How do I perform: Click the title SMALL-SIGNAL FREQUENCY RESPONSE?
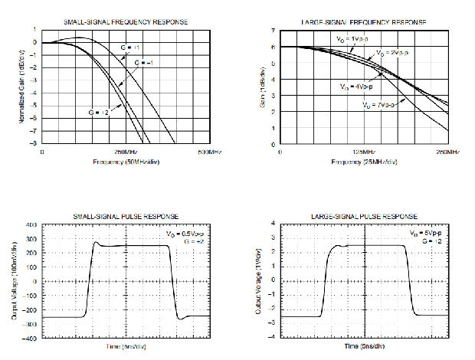point(124,23)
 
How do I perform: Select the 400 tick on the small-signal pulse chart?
point(32,225)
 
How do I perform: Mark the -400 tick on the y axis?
point(31,338)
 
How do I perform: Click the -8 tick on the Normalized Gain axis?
point(34,143)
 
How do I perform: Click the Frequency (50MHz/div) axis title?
point(124,162)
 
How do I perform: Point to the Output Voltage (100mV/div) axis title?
point(14,281)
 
